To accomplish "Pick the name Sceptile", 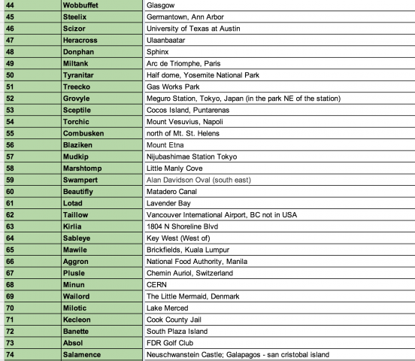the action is pyautogui.click(x=83, y=110).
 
